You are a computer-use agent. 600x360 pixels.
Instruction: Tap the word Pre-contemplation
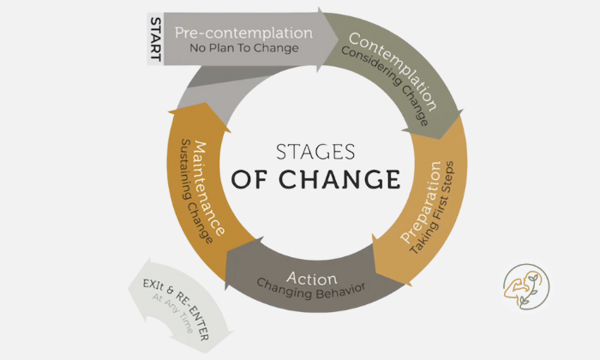pyautogui.click(x=243, y=33)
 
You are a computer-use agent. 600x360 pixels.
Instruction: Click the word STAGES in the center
pyautogui.click(x=315, y=153)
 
